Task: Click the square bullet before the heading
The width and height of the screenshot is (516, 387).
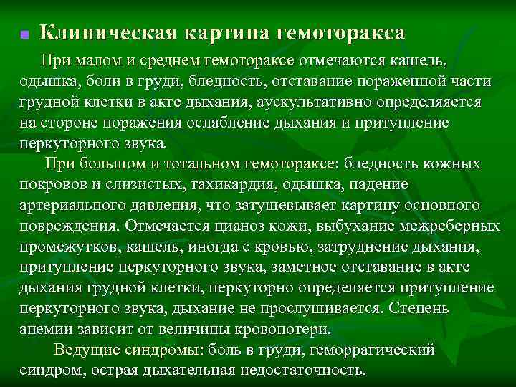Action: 24,34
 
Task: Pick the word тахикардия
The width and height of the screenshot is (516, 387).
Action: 230,185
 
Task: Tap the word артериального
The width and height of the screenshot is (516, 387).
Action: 72,206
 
